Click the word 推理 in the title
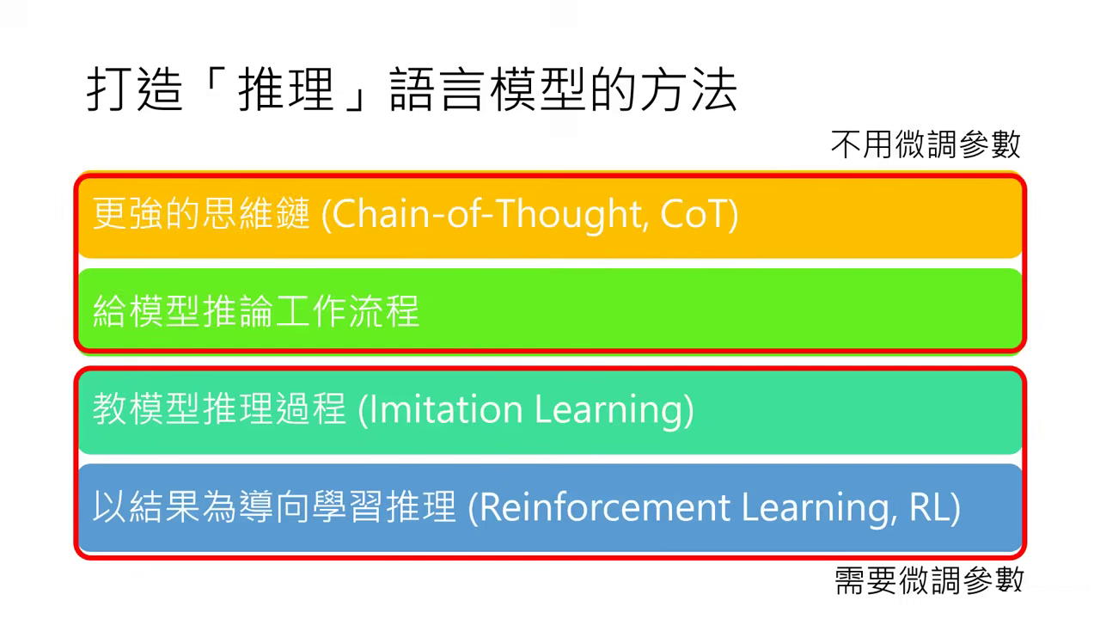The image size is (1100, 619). click(x=284, y=90)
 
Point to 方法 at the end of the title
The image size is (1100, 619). click(x=688, y=90)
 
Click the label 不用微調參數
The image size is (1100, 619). click(x=926, y=144)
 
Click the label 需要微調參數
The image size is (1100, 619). click(x=928, y=580)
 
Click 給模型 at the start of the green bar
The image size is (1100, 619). click(x=146, y=310)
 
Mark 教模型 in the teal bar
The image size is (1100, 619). click(x=146, y=409)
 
